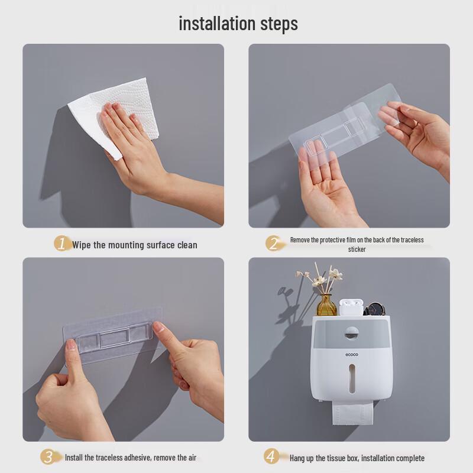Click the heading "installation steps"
pyautogui.click(x=238, y=24)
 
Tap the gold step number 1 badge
pyautogui.click(x=62, y=243)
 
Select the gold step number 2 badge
pyautogui.click(x=274, y=243)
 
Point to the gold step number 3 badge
pyautogui.click(x=48, y=456)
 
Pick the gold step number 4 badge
pyautogui.click(x=271, y=456)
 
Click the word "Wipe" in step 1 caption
pyautogui.click(x=82, y=245)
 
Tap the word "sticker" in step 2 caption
pyautogui.click(x=357, y=250)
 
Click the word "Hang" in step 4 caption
pyautogui.click(x=297, y=458)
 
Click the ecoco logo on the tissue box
pyautogui.click(x=352, y=354)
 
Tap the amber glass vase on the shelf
pyautogui.click(x=326, y=305)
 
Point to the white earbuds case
pyautogui.click(x=351, y=307)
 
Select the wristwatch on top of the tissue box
pyautogui.click(x=375, y=309)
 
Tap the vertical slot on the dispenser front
pyautogui.click(x=352, y=378)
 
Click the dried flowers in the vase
pyautogui.click(x=320, y=277)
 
